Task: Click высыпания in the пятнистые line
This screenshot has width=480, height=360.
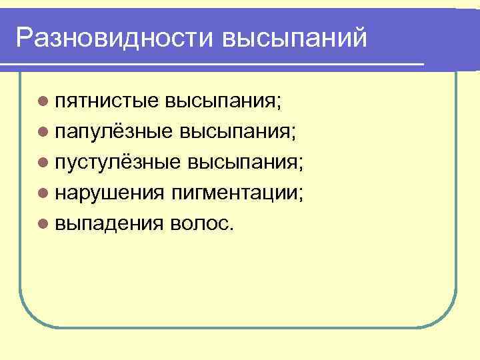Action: (x=223, y=101)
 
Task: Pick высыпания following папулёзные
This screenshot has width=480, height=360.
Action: (x=236, y=131)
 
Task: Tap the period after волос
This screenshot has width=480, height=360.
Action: (x=231, y=228)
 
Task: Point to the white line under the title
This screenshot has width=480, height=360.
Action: (x=213, y=64)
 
